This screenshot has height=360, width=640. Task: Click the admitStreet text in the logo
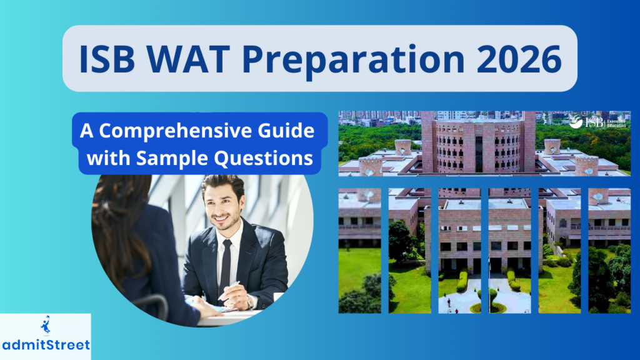tap(45, 345)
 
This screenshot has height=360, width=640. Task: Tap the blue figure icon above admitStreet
tap(45, 326)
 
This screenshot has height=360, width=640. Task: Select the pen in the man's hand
tap(229, 288)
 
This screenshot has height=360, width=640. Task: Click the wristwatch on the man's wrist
tap(249, 301)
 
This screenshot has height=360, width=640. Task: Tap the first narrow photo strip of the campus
tap(359, 250)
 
